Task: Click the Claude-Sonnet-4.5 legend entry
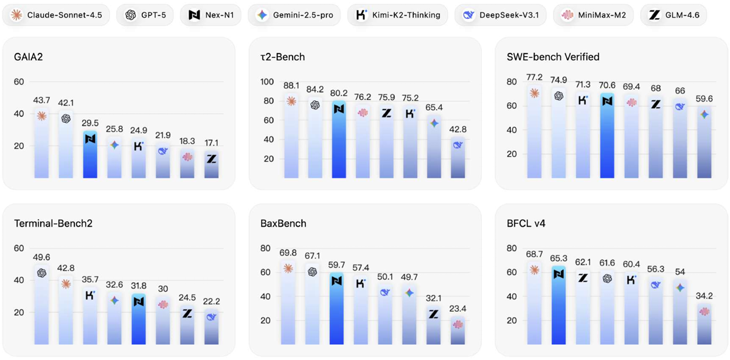[56, 15]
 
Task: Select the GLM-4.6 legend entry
[673, 15]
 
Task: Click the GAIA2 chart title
[28, 57]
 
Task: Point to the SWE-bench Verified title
[553, 57]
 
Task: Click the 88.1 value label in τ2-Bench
[291, 86]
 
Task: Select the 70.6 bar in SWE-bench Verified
[607, 137]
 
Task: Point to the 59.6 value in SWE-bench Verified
[704, 99]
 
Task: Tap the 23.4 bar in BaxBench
[458, 331]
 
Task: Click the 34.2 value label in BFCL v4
[704, 296]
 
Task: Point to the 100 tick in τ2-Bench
[267, 81]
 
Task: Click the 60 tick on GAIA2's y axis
[19, 81]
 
